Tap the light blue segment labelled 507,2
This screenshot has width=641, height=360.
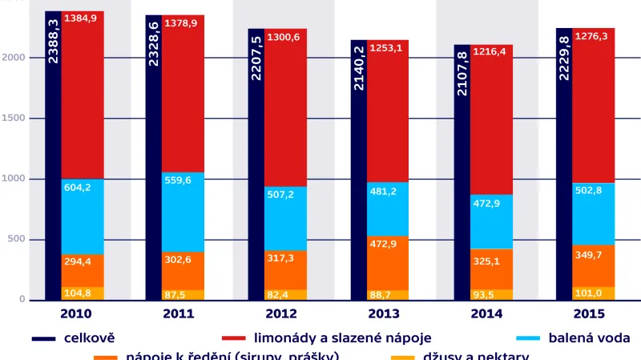[285, 218]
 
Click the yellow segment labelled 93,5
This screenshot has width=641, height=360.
[491, 294]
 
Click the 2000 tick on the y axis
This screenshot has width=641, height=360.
[16, 58]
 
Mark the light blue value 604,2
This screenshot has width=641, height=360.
[78, 187]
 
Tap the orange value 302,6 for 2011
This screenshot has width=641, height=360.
[179, 260]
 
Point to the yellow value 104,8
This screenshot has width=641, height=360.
[78, 293]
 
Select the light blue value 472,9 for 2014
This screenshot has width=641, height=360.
[490, 204]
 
